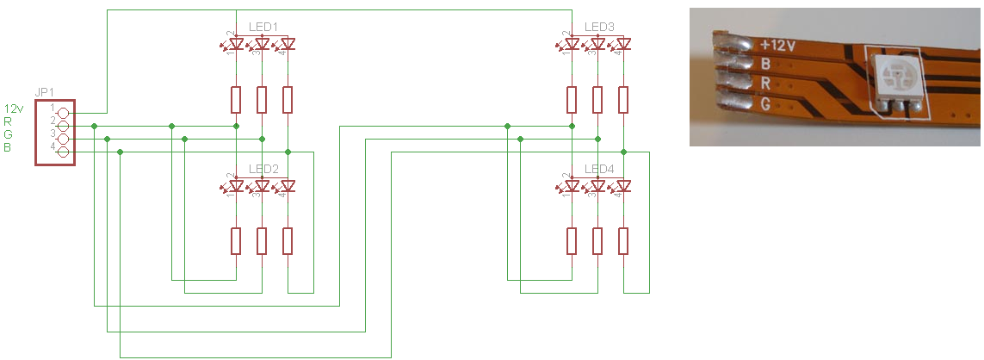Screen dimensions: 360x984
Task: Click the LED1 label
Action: tap(263, 27)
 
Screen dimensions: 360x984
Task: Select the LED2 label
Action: tap(263, 169)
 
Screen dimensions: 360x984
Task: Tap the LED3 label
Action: tap(598, 27)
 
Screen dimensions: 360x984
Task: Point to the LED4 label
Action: tap(598, 169)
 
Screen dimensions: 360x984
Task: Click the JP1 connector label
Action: tap(44, 91)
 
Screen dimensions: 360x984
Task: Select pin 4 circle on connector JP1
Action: tap(62, 152)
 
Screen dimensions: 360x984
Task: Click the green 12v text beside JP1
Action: tap(14, 109)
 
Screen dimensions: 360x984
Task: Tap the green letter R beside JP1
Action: tap(9, 122)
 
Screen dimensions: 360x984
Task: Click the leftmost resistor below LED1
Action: tap(236, 100)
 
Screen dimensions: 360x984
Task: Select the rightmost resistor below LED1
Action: tap(288, 100)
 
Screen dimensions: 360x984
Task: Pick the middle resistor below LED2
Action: tap(262, 242)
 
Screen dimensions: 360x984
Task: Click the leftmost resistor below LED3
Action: tap(572, 100)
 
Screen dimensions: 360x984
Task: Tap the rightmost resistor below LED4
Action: tap(623, 242)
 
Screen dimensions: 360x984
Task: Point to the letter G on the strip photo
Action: tap(764, 103)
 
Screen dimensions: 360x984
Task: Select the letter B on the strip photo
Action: tap(765, 64)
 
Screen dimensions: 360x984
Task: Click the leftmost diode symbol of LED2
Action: tap(236, 187)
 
